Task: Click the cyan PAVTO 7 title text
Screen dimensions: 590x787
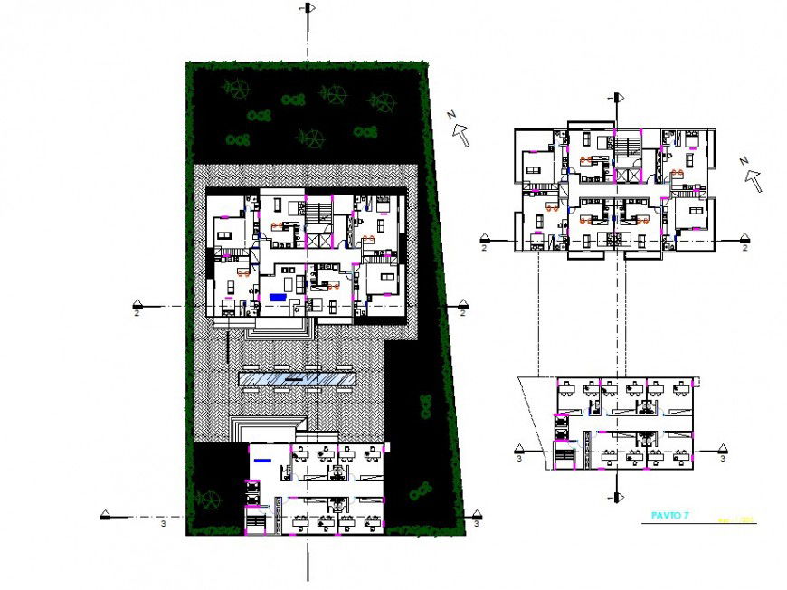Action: click(x=670, y=516)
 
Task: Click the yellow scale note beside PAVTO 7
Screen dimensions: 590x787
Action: click(x=731, y=519)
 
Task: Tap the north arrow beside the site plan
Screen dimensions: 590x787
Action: click(x=460, y=133)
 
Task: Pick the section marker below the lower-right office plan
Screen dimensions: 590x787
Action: click(x=618, y=497)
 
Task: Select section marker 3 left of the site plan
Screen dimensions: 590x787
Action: click(x=106, y=517)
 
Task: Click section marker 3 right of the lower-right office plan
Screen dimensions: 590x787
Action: click(x=721, y=450)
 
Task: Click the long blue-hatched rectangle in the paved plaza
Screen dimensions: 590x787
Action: click(x=296, y=377)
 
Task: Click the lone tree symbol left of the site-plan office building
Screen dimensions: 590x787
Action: click(x=210, y=498)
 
